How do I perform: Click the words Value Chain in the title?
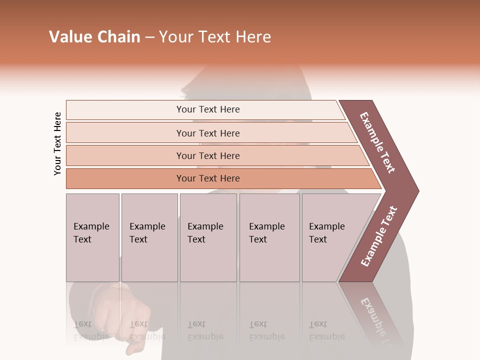click(x=94, y=37)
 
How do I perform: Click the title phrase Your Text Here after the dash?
click(x=215, y=37)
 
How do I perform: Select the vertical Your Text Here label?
click(x=58, y=143)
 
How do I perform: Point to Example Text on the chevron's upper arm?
click(x=377, y=142)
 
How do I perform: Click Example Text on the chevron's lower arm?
click(x=379, y=236)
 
